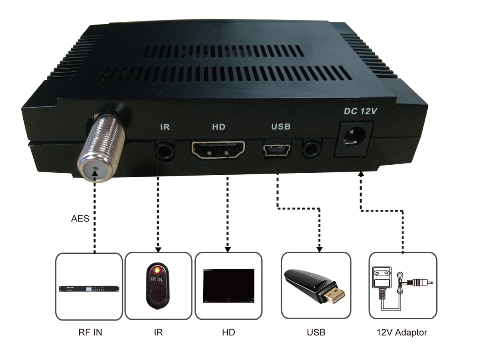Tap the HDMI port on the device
(x=218, y=149)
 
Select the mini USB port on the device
(x=277, y=150)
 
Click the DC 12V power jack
(x=354, y=137)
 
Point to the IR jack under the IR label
(x=165, y=150)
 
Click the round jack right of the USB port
(x=312, y=149)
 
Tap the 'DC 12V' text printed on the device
(x=360, y=112)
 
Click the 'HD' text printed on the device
(x=219, y=127)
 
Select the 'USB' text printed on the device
(x=281, y=126)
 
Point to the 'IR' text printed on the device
(x=165, y=127)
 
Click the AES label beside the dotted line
(x=80, y=218)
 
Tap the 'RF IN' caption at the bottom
(x=90, y=332)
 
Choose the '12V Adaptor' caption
(x=402, y=333)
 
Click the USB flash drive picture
(x=314, y=286)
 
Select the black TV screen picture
(x=229, y=286)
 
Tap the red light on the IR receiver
(x=157, y=270)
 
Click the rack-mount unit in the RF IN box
(x=89, y=289)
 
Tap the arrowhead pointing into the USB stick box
(x=320, y=250)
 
